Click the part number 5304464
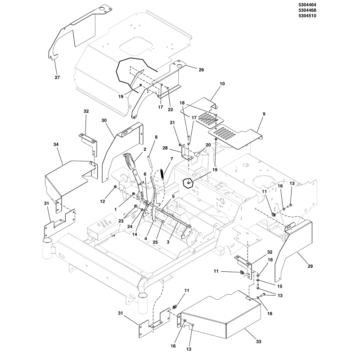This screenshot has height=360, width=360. click(x=346, y=5)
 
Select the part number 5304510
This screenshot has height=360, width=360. click(x=346, y=17)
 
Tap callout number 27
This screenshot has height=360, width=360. click(x=57, y=77)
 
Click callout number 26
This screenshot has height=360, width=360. click(x=201, y=69)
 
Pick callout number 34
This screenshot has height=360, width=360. click(x=56, y=144)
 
